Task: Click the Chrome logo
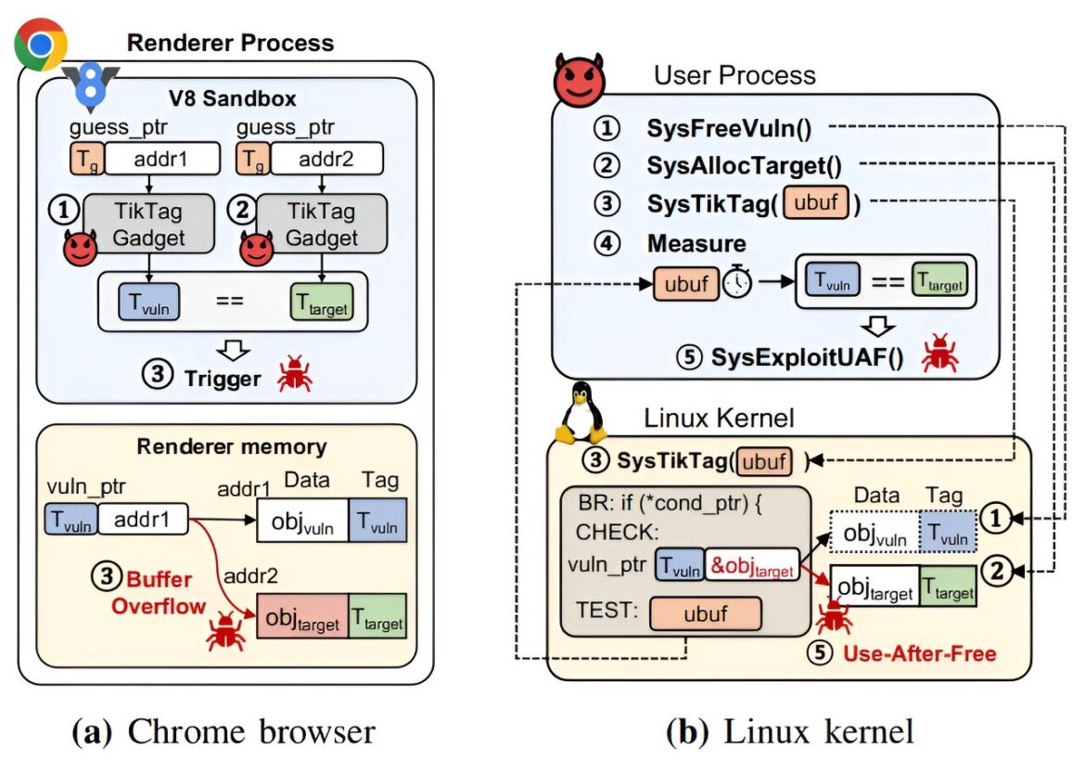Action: pyautogui.click(x=41, y=44)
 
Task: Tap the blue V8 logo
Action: pyautogui.click(x=91, y=86)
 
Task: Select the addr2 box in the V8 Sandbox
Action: pyautogui.click(x=326, y=159)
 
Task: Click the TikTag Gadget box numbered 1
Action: pyautogui.click(x=148, y=224)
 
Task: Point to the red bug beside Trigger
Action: pyautogui.click(x=295, y=374)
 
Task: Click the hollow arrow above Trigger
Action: pyautogui.click(x=233, y=350)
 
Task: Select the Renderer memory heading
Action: pyautogui.click(x=232, y=446)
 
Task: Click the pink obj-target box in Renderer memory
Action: pyautogui.click(x=302, y=616)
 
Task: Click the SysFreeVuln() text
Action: pyautogui.click(x=729, y=128)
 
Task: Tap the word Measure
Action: pyautogui.click(x=696, y=244)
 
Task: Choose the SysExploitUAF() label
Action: pyautogui.click(x=808, y=357)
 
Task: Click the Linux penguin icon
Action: pyautogui.click(x=581, y=413)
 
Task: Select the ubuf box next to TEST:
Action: pyautogui.click(x=705, y=613)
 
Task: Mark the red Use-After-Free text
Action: pyautogui.click(x=920, y=653)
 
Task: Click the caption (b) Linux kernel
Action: pyautogui.click(x=789, y=732)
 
